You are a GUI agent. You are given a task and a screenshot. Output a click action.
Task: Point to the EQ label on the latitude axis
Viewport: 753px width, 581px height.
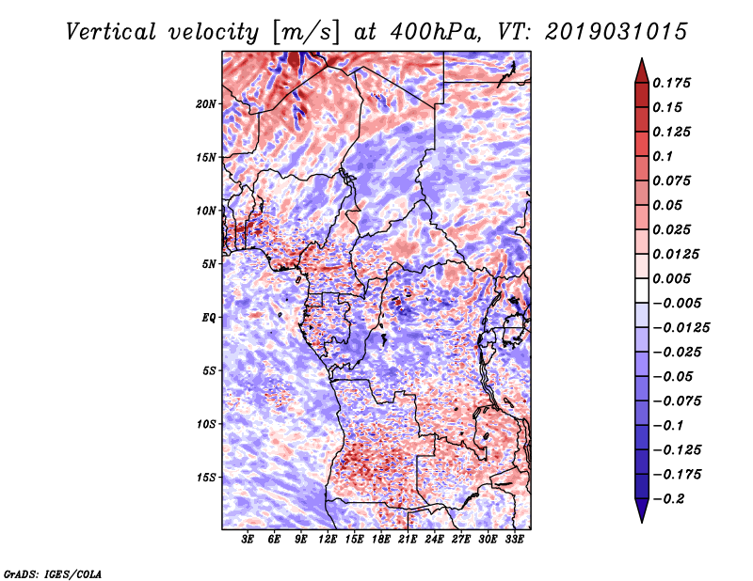coord(209,317)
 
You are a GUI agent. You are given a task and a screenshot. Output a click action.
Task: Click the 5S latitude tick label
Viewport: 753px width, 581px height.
coord(210,370)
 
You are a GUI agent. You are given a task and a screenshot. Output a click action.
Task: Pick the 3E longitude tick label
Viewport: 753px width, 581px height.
coord(248,540)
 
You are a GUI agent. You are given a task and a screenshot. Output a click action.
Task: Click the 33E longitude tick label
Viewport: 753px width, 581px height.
coord(514,540)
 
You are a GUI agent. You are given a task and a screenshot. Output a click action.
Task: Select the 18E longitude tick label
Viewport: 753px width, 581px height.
coord(381,540)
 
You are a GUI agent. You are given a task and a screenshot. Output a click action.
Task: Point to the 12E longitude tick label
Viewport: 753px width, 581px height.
coord(328,540)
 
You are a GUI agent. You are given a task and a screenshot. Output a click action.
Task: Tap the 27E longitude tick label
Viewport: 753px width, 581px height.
coord(461,540)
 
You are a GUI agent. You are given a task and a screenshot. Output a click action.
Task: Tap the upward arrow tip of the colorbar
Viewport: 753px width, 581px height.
coord(641,61)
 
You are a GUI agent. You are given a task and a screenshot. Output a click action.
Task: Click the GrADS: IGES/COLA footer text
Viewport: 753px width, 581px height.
coord(52,573)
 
